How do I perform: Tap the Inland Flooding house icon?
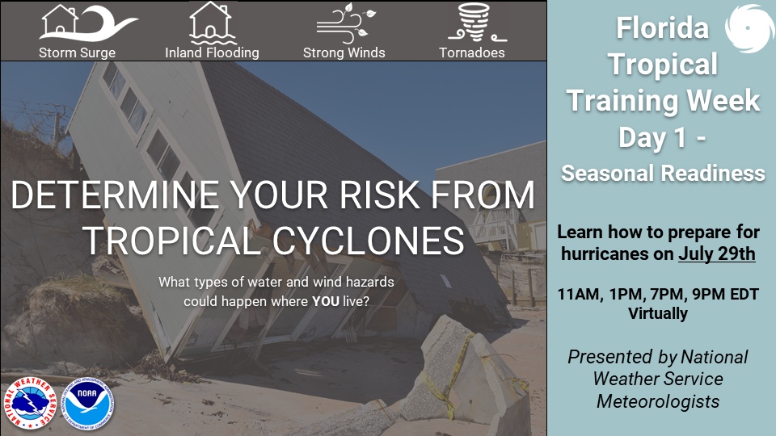coord(211,23)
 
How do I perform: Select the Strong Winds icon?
coord(346,23)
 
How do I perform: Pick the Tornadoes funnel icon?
coord(476,23)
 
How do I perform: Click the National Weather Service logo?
coord(30,403)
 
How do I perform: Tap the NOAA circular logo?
coord(87,403)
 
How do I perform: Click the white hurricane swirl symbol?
coord(749,27)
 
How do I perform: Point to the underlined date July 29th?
coord(717,254)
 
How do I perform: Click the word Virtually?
coord(658,313)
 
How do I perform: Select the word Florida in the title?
coord(662,27)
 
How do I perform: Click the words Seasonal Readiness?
coord(663,174)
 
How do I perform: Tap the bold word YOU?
coord(325,301)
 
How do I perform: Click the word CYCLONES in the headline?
coord(369,241)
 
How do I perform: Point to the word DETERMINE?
coord(115,195)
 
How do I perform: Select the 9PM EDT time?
coord(725,294)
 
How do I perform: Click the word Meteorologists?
coord(658,401)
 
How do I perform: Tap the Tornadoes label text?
coord(471,52)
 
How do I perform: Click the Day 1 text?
coord(653,137)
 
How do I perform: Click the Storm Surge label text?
coord(78,53)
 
